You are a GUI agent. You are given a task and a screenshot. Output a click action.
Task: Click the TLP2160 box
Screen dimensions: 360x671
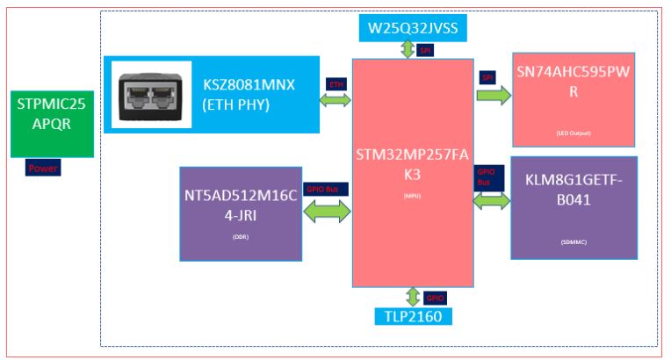click(412, 317)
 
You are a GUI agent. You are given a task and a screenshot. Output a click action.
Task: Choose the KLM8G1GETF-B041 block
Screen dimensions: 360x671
click(573, 206)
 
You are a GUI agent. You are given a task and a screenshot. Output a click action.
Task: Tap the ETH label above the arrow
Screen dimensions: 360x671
click(336, 83)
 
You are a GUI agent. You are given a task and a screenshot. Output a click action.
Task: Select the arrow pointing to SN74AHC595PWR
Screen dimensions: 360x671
click(494, 96)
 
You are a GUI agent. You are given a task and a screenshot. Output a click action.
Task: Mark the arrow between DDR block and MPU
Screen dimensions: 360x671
click(328, 212)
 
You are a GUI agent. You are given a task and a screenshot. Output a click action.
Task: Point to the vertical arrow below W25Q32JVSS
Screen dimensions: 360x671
click(408, 49)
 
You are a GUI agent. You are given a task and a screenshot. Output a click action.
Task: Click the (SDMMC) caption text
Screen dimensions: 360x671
click(574, 241)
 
